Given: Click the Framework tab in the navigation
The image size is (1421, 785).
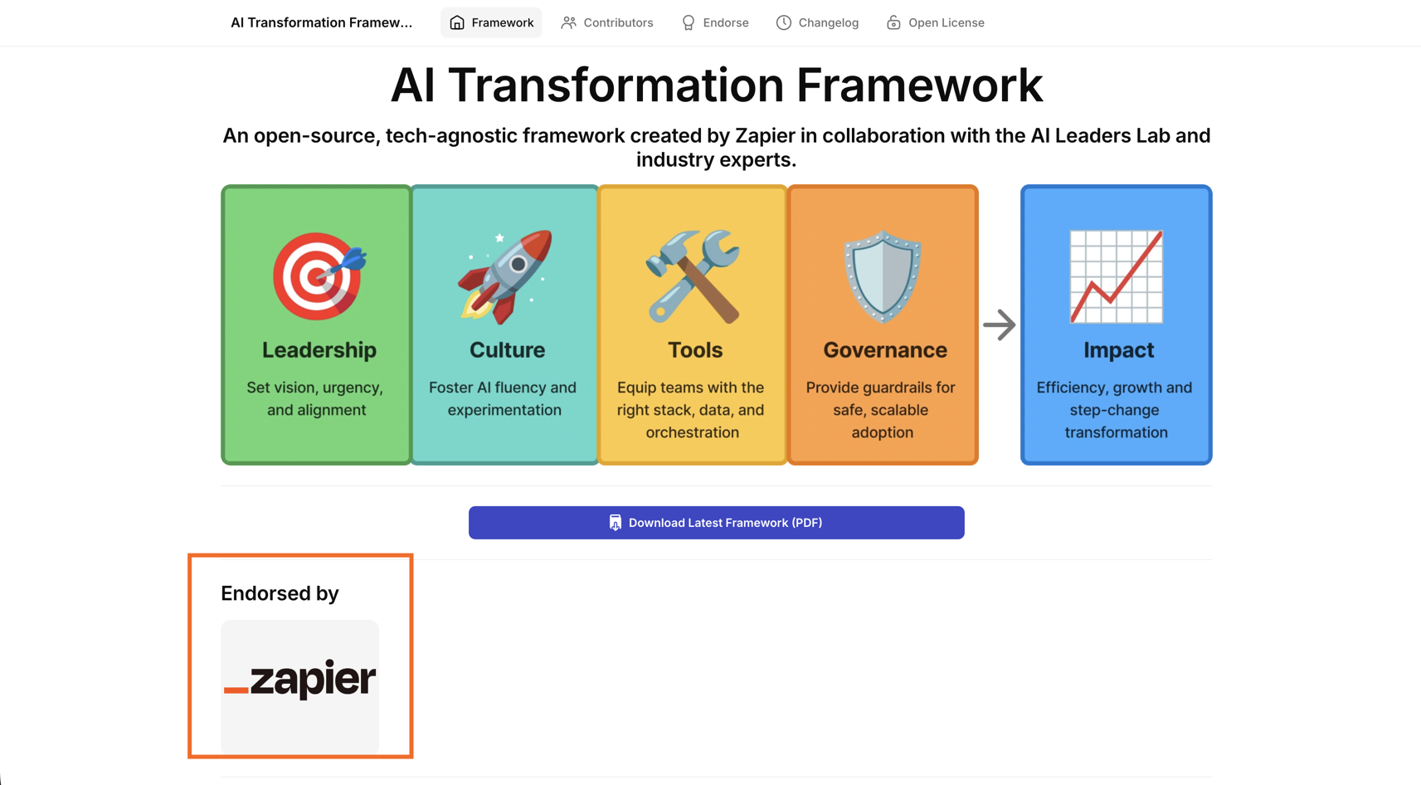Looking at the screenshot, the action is coord(491,23).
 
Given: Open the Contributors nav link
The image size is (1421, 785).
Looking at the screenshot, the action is coord(607,23).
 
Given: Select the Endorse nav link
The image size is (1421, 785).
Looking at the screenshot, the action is coord(715,23).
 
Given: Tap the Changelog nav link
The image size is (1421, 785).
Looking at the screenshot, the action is coord(817,23).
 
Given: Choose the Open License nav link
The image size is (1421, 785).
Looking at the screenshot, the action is coord(935,23).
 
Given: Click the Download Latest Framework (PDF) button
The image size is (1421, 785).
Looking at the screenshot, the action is coord(716,522).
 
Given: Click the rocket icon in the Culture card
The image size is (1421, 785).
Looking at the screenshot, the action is coord(505,276).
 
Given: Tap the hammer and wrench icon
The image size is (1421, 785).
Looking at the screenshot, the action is coord(692,276).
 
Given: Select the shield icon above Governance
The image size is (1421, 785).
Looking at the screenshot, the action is coord(883,276).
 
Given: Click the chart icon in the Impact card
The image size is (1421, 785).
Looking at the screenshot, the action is coord(1116,276).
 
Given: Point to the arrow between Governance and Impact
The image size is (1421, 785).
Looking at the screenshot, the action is coord(999,325).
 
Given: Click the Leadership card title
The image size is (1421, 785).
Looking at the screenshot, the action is coord(319,349).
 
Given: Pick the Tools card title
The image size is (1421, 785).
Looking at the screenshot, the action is coord(694,349).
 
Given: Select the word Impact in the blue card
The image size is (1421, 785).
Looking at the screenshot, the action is coord(1118,349).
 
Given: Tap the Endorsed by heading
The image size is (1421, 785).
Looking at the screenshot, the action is coord(280,593).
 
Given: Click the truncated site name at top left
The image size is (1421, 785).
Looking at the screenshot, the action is coord(322,23).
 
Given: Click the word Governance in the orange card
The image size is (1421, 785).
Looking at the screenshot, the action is coord(885,349).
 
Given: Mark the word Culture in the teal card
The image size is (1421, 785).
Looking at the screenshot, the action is coord(507,349).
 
